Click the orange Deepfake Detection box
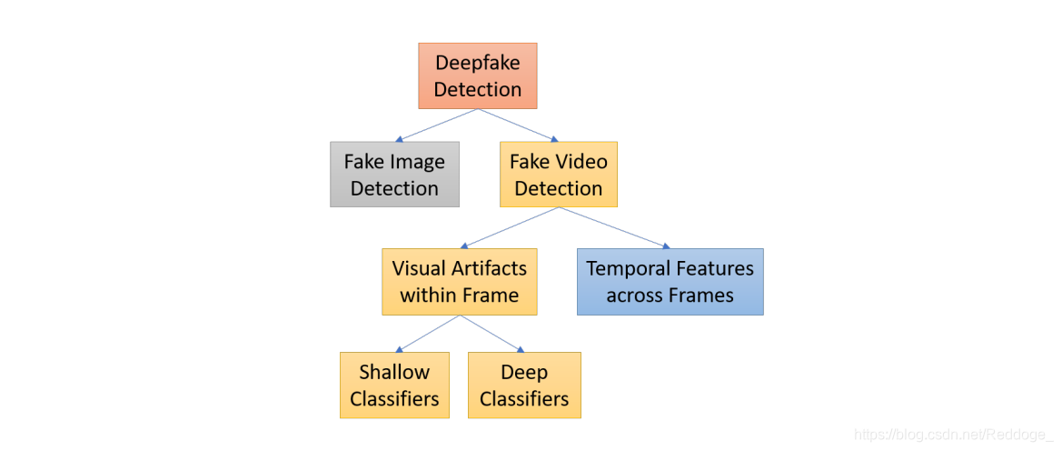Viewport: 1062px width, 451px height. pyautogui.click(x=477, y=76)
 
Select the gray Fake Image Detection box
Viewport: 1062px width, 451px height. pyautogui.click(x=394, y=175)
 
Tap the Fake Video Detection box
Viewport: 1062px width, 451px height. pyautogui.click(x=558, y=175)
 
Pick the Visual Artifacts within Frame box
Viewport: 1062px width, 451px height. pyautogui.click(x=459, y=282)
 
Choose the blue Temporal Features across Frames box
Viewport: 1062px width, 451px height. pyautogui.click(x=670, y=282)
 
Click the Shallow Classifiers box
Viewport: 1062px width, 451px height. pyautogui.click(x=394, y=386)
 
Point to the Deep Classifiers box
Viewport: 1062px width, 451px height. pyautogui.click(x=523, y=386)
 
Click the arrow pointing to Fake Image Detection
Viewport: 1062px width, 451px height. pyautogui.click(x=437, y=125)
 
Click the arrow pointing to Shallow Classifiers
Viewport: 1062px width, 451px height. pyautogui.click(x=428, y=334)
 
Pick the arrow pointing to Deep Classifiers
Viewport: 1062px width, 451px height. pyautogui.click(x=492, y=334)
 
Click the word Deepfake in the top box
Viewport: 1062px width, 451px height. pyautogui.click(x=478, y=63)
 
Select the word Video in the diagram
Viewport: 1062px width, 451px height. pyautogui.click(x=582, y=162)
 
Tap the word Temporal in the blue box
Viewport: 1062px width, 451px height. pyautogui.click(x=630, y=268)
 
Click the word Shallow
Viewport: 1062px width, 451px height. pyautogui.click(x=394, y=372)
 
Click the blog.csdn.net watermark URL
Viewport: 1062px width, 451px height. pyautogui.click(x=953, y=436)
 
